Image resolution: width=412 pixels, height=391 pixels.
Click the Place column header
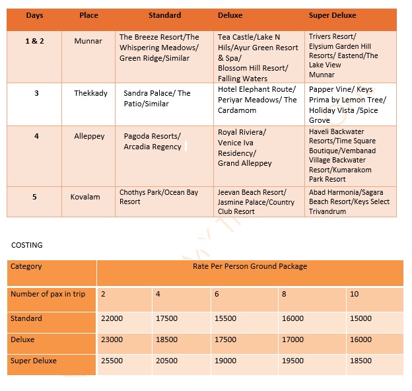click(88, 15)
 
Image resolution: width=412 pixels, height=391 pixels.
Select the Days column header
click(34, 15)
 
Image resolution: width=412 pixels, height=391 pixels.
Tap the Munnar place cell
click(88, 41)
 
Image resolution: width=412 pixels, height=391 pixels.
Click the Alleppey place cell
click(89, 136)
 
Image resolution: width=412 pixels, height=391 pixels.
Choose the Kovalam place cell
click(86, 197)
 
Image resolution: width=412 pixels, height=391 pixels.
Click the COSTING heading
click(27, 245)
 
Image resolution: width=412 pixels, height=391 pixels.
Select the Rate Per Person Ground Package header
click(250, 267)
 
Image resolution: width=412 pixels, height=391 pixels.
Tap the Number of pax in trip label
click(52, 294)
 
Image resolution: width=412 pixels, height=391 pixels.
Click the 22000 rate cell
click(112, 318)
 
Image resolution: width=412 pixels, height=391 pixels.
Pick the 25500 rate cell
click(112, 361)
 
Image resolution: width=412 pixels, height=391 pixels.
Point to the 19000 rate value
click(226, 361)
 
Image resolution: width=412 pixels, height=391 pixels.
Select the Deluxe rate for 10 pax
click(360, 339)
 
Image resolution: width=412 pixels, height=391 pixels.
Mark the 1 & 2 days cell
click(36, 41)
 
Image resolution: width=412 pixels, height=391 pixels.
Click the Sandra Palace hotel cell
click(156, 98)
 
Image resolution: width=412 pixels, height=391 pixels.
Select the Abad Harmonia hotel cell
click(349, 201)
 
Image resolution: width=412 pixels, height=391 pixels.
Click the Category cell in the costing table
click(26, 267)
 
